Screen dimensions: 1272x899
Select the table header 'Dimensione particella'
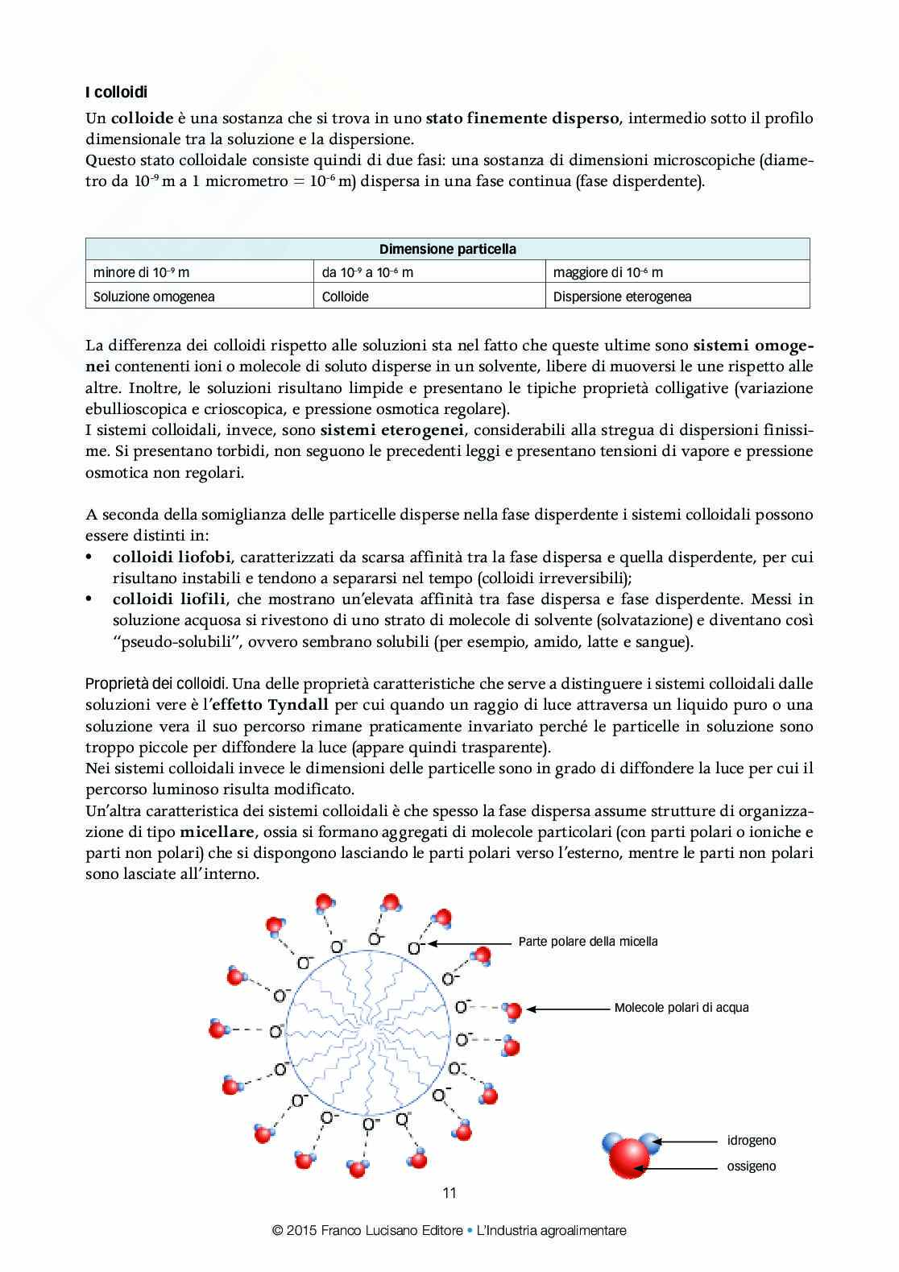point(447,249)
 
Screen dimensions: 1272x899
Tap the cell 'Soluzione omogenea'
point(154,296)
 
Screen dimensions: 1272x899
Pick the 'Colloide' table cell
point(345,296)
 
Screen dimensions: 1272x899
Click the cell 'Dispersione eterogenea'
point(622,296)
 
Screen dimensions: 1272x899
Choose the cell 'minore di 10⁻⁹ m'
point(141,272)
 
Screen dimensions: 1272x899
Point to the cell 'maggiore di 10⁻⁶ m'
point(608,272)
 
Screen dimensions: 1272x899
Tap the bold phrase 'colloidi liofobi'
point(172,557)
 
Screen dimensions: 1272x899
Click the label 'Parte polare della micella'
point(588,941)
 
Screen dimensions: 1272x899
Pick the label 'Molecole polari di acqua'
point(681,1007)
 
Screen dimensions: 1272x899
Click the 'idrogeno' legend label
point(751,1140)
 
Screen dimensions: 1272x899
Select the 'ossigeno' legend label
point(751,1166)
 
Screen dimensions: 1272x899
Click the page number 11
point(449,1192)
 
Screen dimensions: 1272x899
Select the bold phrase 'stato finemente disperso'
point(522,118)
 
